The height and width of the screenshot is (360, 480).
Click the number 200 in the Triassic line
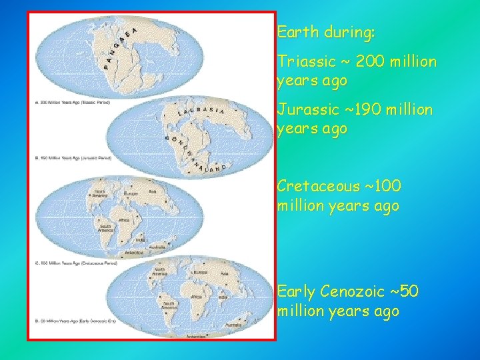[373, 62]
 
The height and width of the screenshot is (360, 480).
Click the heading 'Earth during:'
[326, 31]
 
